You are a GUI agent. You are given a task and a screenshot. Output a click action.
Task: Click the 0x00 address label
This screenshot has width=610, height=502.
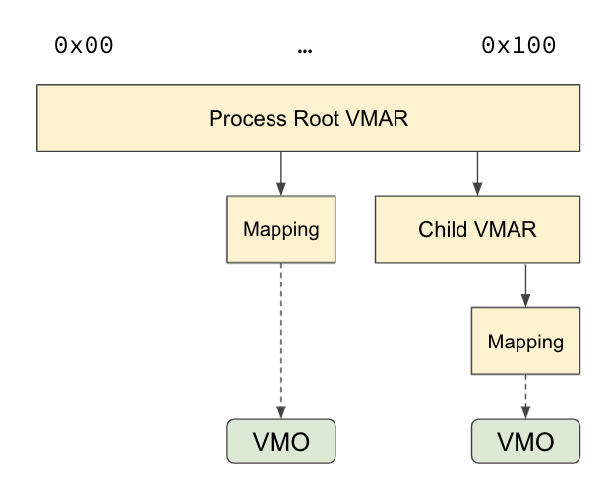click(84, 46)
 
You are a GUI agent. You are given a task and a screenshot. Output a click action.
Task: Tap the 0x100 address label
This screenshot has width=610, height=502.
click(518, 46)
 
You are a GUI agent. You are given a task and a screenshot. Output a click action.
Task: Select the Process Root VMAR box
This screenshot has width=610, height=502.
click(308, 118)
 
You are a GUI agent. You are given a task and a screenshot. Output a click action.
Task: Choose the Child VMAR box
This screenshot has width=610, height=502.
click(477, 229)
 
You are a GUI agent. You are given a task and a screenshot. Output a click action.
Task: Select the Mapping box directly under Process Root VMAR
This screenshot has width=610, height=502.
click(281, 229)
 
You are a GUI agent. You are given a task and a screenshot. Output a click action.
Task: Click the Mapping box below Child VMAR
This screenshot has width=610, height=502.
click(525, 342)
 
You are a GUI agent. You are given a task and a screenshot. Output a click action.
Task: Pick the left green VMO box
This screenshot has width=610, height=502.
click(281, 441)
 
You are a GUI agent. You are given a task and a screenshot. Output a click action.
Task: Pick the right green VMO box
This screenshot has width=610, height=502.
click(525, 441)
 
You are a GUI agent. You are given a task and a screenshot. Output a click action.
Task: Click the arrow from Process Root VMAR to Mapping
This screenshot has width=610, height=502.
click(281, 172)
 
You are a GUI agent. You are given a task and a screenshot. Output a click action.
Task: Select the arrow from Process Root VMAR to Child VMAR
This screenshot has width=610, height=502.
click(477, 172)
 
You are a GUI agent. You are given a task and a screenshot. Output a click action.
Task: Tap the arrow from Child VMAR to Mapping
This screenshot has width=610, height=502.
click(525, 284)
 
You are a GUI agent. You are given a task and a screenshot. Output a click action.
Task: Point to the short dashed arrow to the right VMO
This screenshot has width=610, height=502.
click(525, 396)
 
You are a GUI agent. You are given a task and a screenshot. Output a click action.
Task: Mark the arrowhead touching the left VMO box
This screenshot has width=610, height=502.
click(281, 413)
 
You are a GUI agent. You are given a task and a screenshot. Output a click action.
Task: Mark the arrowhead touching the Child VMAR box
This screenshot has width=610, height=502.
click(477, 189)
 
